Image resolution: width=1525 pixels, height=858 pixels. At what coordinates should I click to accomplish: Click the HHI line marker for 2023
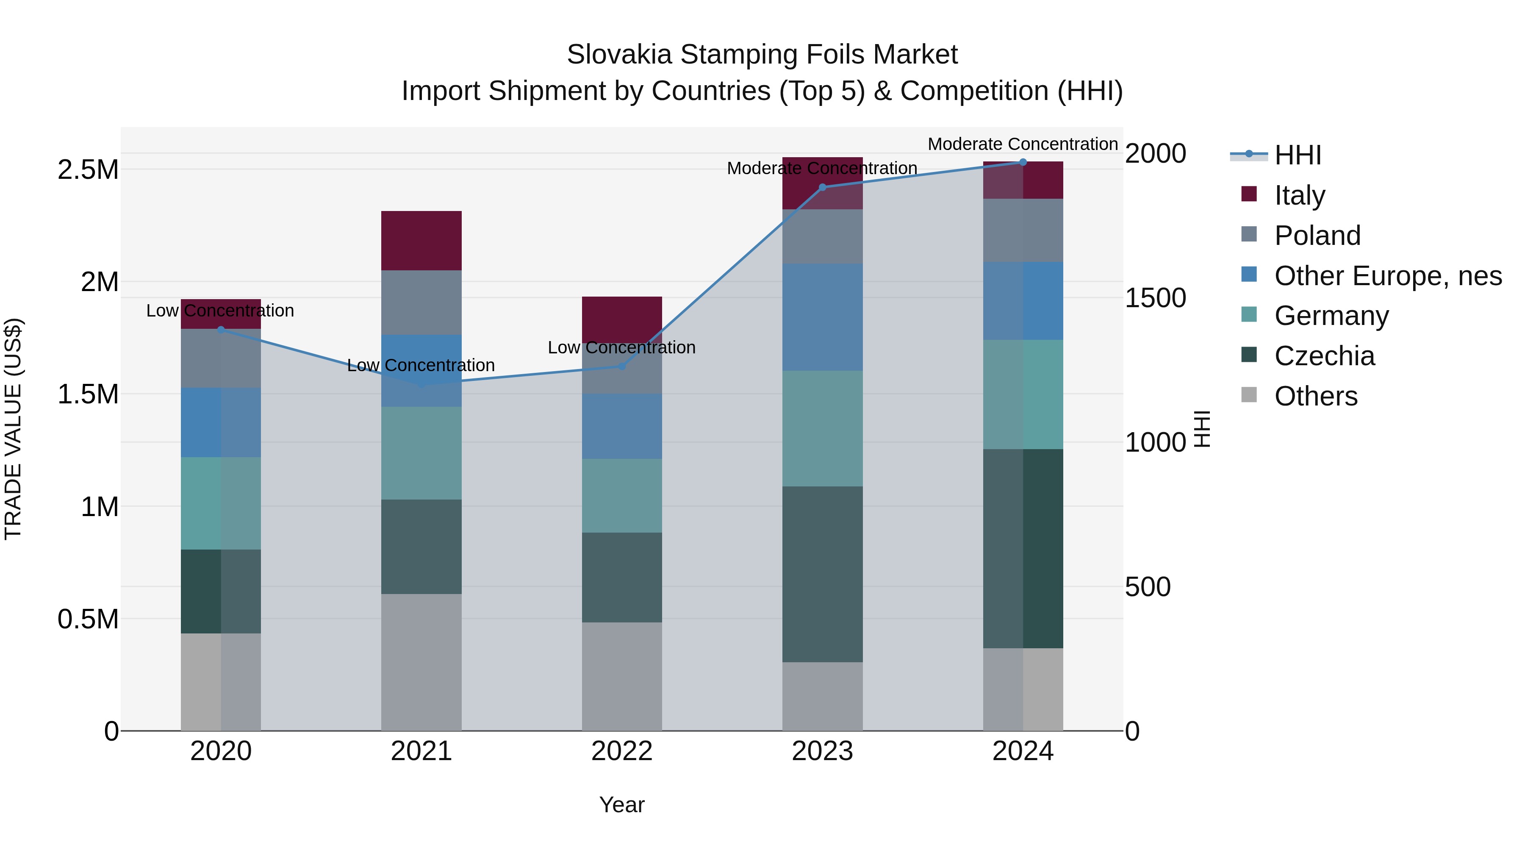click(x=822, y=187)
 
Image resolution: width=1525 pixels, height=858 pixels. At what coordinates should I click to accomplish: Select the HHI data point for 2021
click(x=421, y=384)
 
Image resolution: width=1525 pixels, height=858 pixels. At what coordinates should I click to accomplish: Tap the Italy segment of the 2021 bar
click(x=421, y=240)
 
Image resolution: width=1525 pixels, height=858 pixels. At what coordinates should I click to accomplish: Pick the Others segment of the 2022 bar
click(x=621, y=676)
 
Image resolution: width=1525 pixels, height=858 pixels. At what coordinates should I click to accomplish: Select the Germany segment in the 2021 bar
click(x=421, y=453)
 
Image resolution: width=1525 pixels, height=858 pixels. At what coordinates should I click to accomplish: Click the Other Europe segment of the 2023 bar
click(x=822, y=317)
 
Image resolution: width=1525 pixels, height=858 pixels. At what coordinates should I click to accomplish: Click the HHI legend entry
click(x=1298, y=155)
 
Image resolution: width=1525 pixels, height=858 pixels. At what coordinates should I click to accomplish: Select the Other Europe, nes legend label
click(x=1388, y=276)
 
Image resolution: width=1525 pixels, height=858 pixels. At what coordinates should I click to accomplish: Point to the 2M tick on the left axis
click(x=100, y=282)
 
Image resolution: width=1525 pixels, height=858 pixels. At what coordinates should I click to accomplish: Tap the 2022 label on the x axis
click(x=621, y=751)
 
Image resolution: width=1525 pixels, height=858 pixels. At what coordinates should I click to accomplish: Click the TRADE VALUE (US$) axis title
click(x=14, y=429)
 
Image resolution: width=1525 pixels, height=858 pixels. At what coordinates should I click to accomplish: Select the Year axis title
click(x=621, y=805)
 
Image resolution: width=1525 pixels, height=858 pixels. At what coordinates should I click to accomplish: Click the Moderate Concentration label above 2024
click(x=1023, y=144)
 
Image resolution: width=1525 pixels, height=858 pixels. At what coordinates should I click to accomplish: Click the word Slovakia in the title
click(x=619, y=55)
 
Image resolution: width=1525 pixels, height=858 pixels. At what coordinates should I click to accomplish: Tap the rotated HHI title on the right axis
click(x=1202, y=429)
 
